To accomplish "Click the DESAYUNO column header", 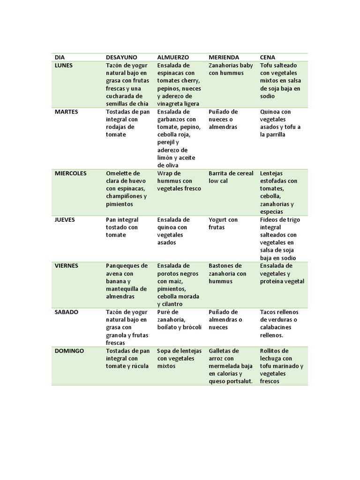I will pos(121,57).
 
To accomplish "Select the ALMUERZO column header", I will pos(173,57).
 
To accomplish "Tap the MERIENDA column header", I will pos(224,57).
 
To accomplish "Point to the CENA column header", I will pos(268,57).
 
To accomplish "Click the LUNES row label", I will pos(64,65).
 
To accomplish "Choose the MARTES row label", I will pos(66,112).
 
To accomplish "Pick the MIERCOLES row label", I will pos(71,173).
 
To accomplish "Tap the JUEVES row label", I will pos(65,219).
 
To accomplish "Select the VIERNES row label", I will pos(66,265).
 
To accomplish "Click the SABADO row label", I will pos(66,312).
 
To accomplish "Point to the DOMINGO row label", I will pos(69,351).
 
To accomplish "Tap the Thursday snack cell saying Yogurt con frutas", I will pos(223,223).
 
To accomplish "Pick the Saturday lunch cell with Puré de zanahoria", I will pos(180,319).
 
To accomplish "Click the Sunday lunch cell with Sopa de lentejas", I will pos(180,358).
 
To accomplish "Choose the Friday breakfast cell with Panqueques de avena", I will pos(127,281).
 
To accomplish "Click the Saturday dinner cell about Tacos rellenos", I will pos(279,323).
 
